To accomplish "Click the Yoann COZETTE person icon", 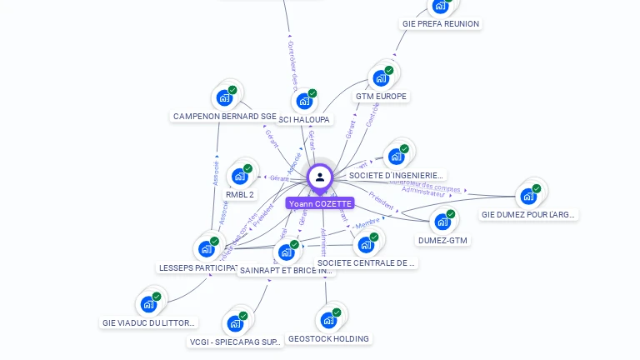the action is click(320, 177).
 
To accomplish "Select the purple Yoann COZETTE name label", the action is click(320, 203).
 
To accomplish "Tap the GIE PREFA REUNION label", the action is click(441, 24).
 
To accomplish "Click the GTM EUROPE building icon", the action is click(381, 78).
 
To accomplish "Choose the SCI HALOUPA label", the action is click(304, 120).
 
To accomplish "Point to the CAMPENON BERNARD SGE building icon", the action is click(224, 97).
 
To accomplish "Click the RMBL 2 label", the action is click(240, 194).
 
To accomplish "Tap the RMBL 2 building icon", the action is click(240, 176).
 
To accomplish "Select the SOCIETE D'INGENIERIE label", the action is click(396, 175).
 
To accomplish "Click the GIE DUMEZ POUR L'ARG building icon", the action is click(528, 197).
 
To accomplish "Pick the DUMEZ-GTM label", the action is click(442, 240).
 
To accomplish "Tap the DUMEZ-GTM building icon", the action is click(442, 222).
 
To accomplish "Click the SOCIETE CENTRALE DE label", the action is click(366, 262).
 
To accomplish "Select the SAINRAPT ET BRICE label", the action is click(286, 270).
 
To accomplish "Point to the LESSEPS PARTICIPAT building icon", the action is click(206, 249).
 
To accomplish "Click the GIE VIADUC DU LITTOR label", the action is click(149, 322).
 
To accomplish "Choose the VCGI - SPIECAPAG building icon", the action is click(235, 323).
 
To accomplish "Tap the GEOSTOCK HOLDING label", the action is click(328, 338).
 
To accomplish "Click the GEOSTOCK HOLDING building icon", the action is click(328, 320).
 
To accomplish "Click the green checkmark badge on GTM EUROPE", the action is click(389, 71).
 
